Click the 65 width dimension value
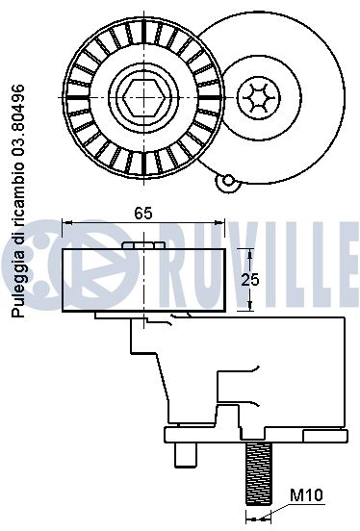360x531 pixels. tap(143, 214)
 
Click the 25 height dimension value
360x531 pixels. tap(250, 280)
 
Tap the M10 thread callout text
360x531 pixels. tap(307, 495)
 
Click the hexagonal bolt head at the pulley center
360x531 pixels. tap(144, 97)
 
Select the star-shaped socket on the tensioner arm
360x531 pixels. tap(259, 97)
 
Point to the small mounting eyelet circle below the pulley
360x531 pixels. tap(228, 181)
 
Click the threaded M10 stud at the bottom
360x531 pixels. tap(258, 474)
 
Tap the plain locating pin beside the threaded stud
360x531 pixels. tap(186, 455)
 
